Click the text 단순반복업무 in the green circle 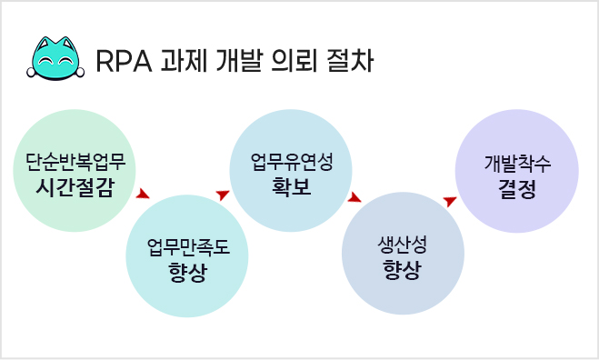coord(75,165)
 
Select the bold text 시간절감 coord(75,187)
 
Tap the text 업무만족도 coord(186,246)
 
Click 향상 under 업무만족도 coord(186,271)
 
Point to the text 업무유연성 coord(292,163)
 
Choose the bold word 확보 coord(292,186)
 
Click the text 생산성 coord(402,245)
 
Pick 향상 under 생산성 coord(402,270)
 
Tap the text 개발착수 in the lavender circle coord(516,165)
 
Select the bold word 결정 coord(516,188)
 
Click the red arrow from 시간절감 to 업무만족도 coord(143,194)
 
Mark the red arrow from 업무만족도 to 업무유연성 coord(222,195)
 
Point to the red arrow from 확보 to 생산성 coord(355,197)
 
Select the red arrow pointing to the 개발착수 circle coord(449,200)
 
